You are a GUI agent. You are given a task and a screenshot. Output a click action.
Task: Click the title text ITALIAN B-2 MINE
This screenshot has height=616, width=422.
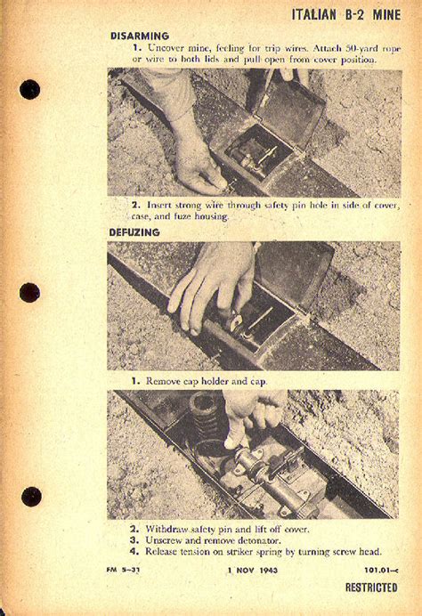coord(346,15)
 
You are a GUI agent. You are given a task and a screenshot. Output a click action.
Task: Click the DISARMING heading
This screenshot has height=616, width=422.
coord(140,36)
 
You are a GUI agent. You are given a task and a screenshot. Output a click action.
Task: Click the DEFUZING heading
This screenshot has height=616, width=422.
coord(134,232)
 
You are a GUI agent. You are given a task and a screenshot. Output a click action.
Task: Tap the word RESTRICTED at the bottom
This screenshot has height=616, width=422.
coord(371,588)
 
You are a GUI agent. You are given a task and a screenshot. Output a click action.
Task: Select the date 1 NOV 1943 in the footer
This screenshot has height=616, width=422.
coord(253,570)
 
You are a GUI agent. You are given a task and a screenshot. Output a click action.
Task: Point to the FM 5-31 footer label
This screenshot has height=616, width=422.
coord(123,570)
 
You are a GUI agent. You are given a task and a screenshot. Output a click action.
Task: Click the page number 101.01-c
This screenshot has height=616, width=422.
coord(381,570)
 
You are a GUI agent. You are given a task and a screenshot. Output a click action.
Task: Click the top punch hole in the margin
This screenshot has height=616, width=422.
coord(30,90)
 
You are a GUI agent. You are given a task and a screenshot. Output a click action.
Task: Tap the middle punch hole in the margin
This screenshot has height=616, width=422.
coord(30,293)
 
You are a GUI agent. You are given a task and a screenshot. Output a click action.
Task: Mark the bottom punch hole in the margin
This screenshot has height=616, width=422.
coord(31,497)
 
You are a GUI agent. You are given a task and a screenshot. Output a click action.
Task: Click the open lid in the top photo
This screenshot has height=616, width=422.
coord(291,110)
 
